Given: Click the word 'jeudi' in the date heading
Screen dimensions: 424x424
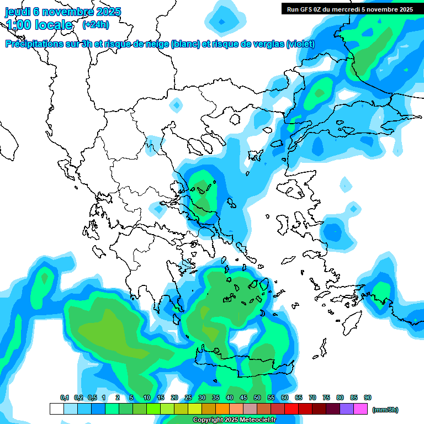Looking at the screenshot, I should (x=18, y=12).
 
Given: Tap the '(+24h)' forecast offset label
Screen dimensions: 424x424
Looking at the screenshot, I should (x=96, y=24).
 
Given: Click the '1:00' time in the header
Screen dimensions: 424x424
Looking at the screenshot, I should (x=18, y=25).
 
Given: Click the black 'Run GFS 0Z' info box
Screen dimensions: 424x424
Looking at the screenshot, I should (x=350, y=9).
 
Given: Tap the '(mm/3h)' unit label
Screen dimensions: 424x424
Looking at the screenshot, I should (x=385, y=410).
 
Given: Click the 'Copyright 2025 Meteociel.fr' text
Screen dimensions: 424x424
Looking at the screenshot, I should (x=235, y=420).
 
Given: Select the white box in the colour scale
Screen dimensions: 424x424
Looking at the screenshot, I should (x=56, y=409).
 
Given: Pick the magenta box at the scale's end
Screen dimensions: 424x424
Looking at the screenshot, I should (x=361, y=409).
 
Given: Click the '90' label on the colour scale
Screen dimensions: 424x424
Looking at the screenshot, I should (x=368, y=397).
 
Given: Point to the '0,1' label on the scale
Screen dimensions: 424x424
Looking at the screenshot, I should (x=65, y=397).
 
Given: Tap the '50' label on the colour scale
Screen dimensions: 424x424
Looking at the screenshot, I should (x=257, y=397).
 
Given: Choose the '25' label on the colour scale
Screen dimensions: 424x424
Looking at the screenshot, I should (x=188, y=397).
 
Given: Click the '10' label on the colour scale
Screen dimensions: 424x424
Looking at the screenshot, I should (x=147, y=397).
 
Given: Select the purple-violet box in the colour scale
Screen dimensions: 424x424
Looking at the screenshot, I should (x=347, y=409).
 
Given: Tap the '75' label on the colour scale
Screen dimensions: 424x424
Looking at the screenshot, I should (x=326, y=397).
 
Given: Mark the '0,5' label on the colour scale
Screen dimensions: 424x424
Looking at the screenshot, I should (x=92, y=397).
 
